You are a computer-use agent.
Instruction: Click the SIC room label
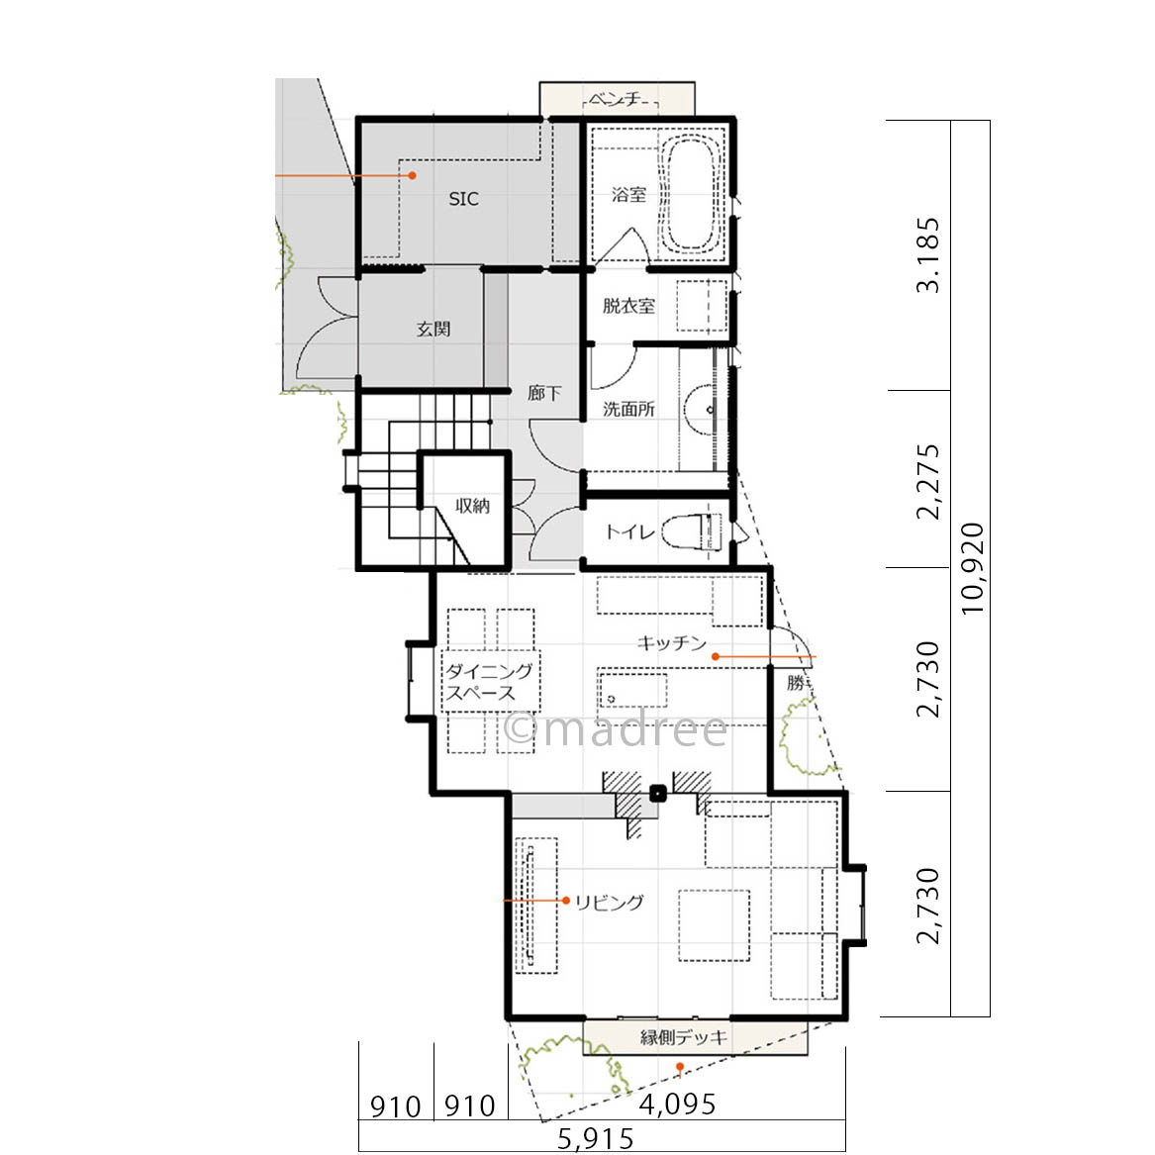pyautogui.click(x=463, y=199)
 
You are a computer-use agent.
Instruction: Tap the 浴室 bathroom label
pyautogui.click(x=629, y=194)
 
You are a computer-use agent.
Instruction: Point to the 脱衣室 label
pyautogui.click(x=628, y=306)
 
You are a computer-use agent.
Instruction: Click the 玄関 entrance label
pyautogui.click(x=433, y=329)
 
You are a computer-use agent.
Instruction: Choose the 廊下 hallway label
pyautogui.click(x=544, y=393)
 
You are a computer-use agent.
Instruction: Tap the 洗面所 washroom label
pyautogui.click(x=628, y=409)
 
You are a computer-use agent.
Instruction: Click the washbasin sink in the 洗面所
pyautogui.click(x=701, y=410)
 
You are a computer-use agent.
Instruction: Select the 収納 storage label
pyautogui.click(x=472, y=506)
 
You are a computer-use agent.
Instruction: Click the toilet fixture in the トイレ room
pyautogui.click(x=692, y=531)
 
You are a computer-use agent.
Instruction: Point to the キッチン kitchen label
pyautogui.click(x=672, y=643)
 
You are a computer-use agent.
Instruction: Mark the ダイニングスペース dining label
pyautogui.click(x=489, y=681)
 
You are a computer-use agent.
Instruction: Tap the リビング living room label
pyautogui.click(x=610, y=902)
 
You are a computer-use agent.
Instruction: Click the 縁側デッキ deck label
pyautogui.click(x=684, y=1037)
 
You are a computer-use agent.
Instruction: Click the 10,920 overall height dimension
pyautogui.click(x=972, y=568)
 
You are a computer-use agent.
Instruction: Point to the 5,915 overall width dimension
pyautogui.click(x=595, y=1139)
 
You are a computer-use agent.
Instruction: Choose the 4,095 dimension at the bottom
pyautogui.click(x=677, y=1105)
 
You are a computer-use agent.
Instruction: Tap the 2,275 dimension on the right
pyautogui.click(x=928, y=481)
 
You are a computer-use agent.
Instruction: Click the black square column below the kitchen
pyautogui.click(x=658, y=794)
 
